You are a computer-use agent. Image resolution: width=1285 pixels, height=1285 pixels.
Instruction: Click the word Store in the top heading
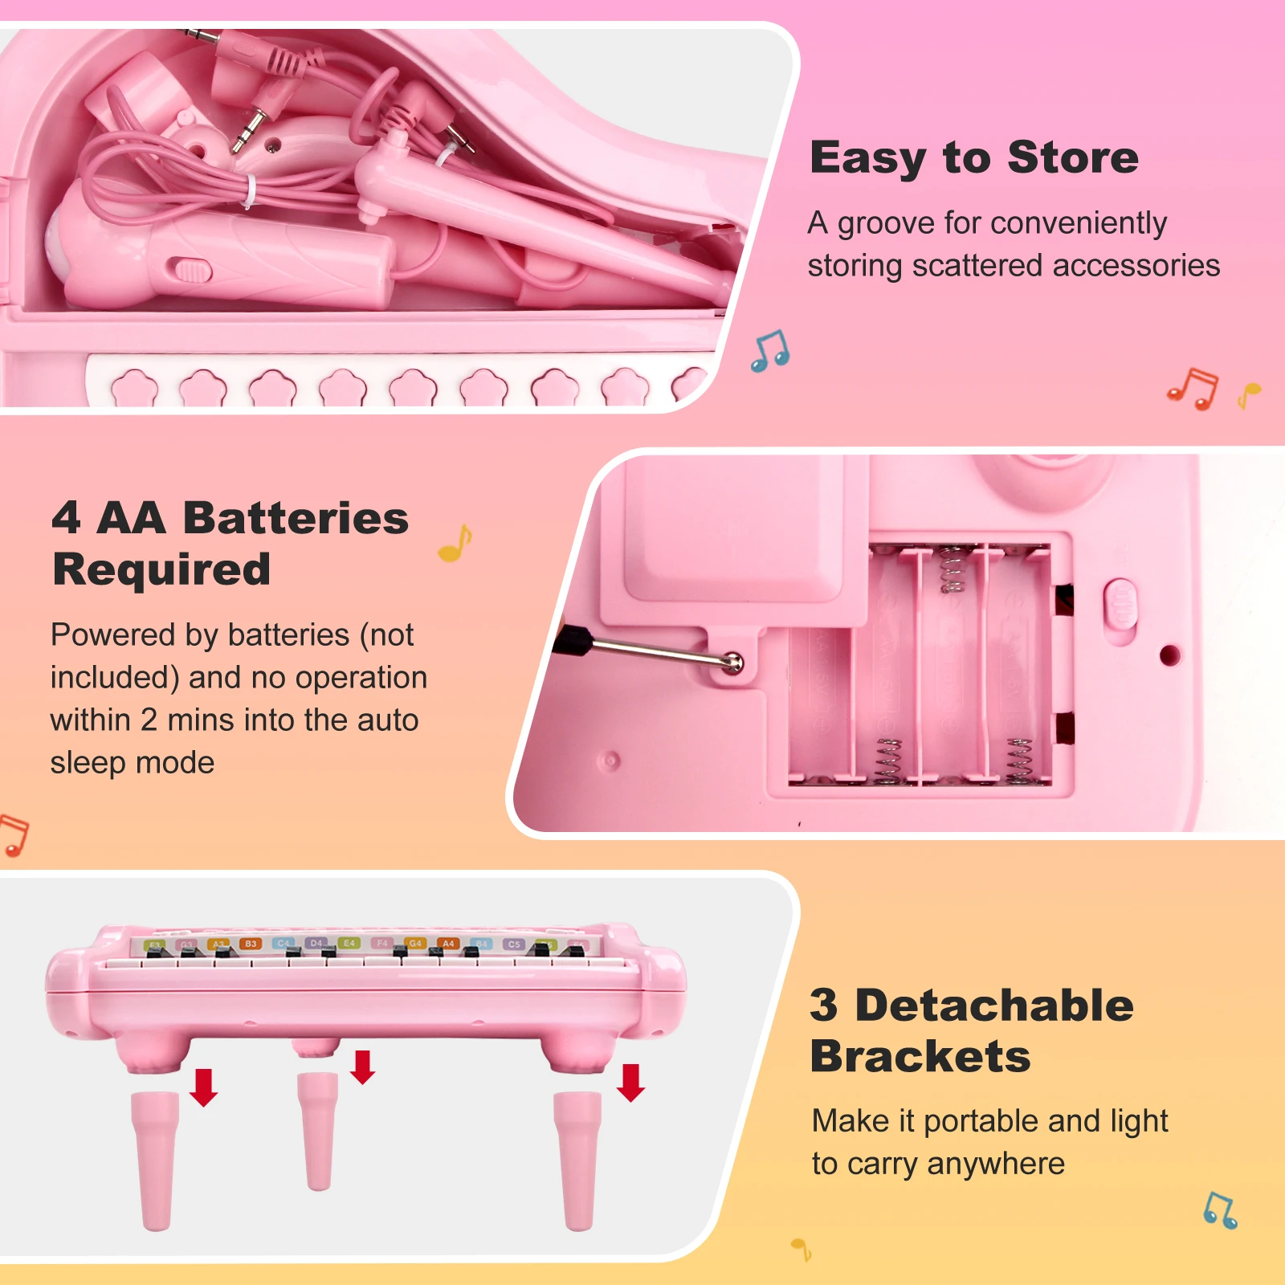point(1072,157)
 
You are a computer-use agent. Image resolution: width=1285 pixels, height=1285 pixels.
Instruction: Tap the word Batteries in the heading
point(296,518)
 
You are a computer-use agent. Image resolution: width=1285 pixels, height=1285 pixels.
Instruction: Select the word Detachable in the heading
point(994,1006)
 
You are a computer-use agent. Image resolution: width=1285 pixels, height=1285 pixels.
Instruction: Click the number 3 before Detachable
point(824,1006)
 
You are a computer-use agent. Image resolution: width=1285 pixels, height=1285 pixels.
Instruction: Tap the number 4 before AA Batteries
point(66,518)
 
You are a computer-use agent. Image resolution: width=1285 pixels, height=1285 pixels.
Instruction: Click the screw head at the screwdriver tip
point(733,663)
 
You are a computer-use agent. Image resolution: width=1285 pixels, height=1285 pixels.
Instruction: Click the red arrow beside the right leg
point(630,1083)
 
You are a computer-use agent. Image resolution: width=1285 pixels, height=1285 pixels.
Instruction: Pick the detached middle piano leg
point(317,1131)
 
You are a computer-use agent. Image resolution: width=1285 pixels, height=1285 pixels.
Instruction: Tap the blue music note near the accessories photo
point(770,351)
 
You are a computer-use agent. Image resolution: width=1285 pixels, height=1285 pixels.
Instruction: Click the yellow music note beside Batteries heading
point(455,544)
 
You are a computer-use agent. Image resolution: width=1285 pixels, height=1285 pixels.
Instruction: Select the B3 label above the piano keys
point(251,944)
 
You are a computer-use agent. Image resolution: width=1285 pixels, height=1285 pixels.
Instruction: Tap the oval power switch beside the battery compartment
point(1121,605)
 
